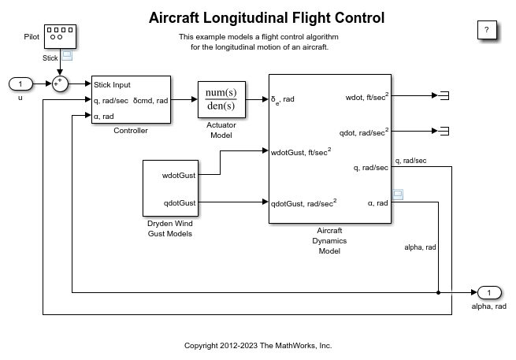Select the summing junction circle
60,84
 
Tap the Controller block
131,99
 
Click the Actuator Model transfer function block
221,99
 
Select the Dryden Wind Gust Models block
169,187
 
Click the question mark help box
487,31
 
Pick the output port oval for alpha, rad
488,293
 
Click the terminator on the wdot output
444,95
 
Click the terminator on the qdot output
444,131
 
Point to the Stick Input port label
112,85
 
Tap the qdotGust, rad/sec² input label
303,202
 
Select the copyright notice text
258,345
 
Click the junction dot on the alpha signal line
438,293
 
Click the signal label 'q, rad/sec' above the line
410,161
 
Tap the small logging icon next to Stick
67,56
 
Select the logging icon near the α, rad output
398,194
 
